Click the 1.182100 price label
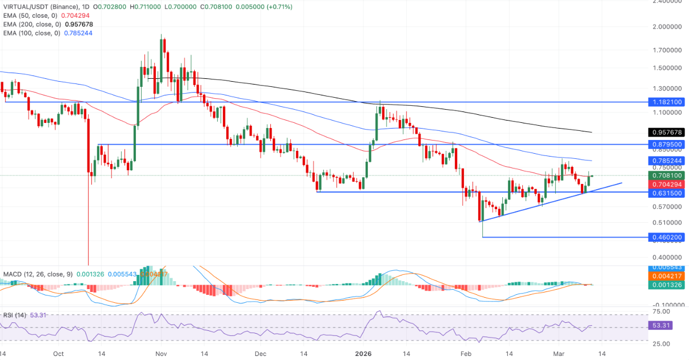pos(667,102)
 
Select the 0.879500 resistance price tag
pos(667,145)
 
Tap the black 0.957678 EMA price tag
pos(667,132)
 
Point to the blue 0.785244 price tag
pos(667,161)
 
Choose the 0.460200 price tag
pos(667,237)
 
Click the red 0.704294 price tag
pos(667,184)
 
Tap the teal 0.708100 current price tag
pos(667,175)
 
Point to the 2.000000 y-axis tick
pos(668,26)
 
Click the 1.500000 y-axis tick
pos(668,68)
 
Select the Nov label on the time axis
pos(162,354)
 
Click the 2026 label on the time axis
pos(364,354)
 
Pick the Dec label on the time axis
pos(261,354)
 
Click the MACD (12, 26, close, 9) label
pos(37,274)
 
